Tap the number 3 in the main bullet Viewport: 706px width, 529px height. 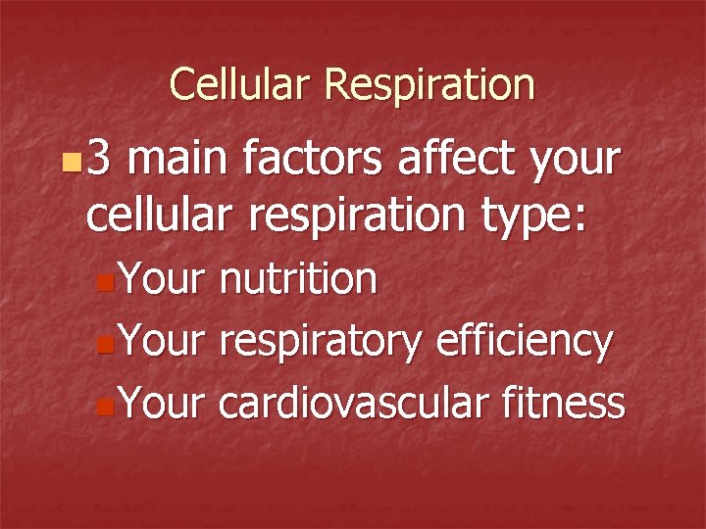pos(100,158)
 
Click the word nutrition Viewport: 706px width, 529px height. pos(297,280)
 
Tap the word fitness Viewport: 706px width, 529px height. pos(567,402)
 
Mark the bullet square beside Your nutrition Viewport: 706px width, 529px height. pos(105,283)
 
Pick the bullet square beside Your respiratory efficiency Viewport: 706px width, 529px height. pos(105,344)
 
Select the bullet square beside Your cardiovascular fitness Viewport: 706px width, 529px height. pos(105,405)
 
